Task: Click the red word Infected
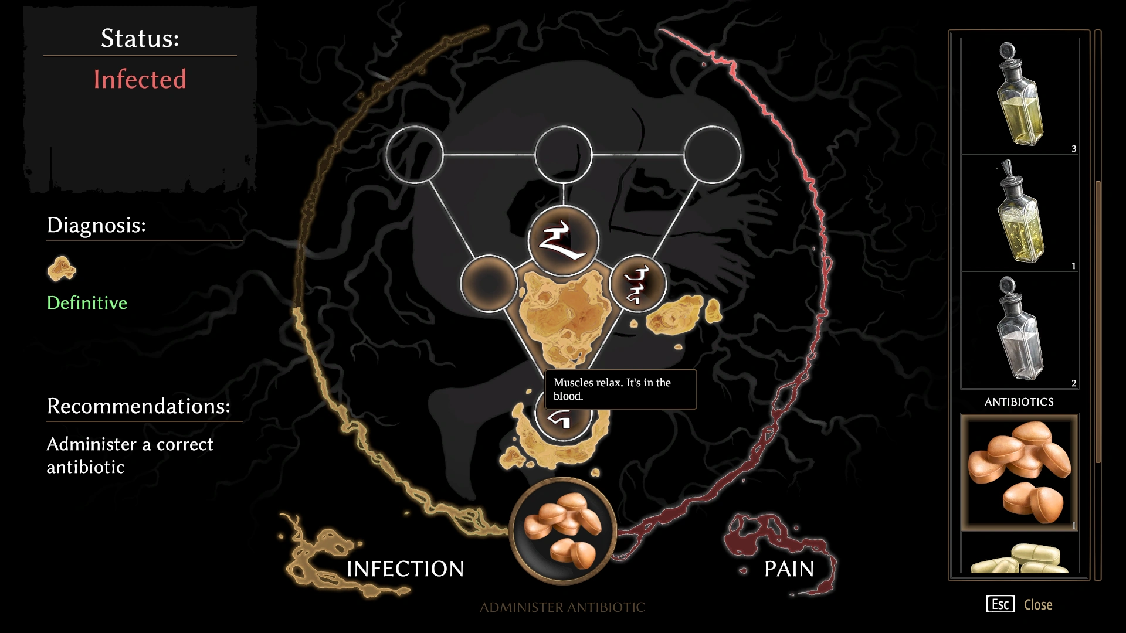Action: coord(140,79)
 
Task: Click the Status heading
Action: coord(140,39)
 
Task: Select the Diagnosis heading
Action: coord(96,225)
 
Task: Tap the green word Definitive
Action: coord(87,303)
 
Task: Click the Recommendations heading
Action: coord(138,406)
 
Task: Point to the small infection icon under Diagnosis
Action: coord(62,269)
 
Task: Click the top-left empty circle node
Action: coord(415,155)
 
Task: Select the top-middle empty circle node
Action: coord(563,155)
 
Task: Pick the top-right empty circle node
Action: coord(712,155)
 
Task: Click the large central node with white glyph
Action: coord(563,241)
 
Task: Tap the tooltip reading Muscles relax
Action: coord(620,389)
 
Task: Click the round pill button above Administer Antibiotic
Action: coord(562,531)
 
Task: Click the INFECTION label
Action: coord(405,569)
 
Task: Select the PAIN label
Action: coord(789,569)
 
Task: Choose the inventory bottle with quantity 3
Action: coord(1019,96)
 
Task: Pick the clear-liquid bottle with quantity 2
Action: coord(1019,330)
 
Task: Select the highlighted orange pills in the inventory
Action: coord(1019,472)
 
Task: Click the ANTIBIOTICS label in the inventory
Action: coord(1019,402)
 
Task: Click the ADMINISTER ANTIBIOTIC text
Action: coord(562,607)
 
